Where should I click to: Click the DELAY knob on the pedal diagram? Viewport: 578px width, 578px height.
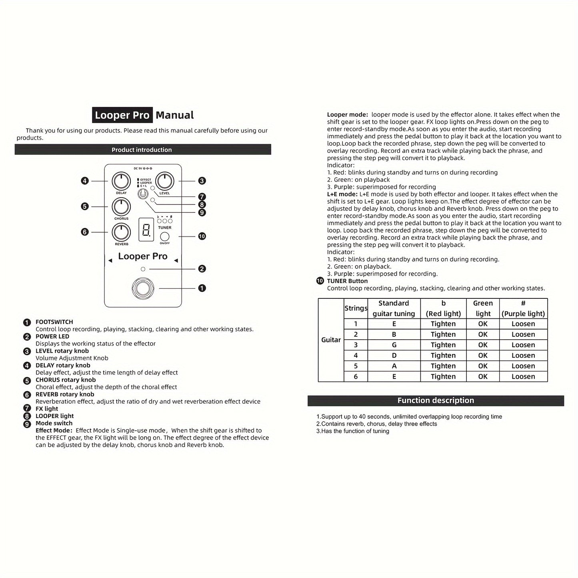[x=121, y=181]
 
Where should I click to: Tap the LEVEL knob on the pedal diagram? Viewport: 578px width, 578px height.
[x=164, y=181]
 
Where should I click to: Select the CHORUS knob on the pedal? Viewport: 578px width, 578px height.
[x=121, y=207]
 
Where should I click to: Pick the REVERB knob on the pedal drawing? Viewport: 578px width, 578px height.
[x=121, y=232]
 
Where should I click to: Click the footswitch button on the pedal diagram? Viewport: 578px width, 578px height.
[x=143, y=288]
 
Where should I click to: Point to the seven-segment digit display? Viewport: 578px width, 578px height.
[x=146, y=230]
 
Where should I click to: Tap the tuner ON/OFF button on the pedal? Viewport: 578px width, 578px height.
[x=164, y=236]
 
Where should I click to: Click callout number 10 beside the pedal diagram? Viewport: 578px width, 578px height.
[x=202, y=236]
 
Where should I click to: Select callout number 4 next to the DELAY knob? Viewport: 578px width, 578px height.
[x=84, y=181]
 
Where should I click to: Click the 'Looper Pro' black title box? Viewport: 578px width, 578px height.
[x=122, y=115]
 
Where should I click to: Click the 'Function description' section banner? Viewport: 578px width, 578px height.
[x=436, y=400]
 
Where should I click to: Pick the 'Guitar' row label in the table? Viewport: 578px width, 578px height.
[x=331, y=340]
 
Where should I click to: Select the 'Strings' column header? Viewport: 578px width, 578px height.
[x=356, y=308]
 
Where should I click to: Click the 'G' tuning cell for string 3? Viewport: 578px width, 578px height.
[x=394, y=345]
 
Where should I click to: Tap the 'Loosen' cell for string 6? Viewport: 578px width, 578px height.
[x=523, y=376]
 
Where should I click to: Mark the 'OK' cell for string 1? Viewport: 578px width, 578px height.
[x=483, y=324]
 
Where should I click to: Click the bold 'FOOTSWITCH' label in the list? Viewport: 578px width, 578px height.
[x=54, y=322]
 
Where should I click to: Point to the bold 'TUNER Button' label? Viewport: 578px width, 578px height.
[x=347, y=281]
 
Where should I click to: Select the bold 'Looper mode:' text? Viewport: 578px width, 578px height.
[x=347, y=115]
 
